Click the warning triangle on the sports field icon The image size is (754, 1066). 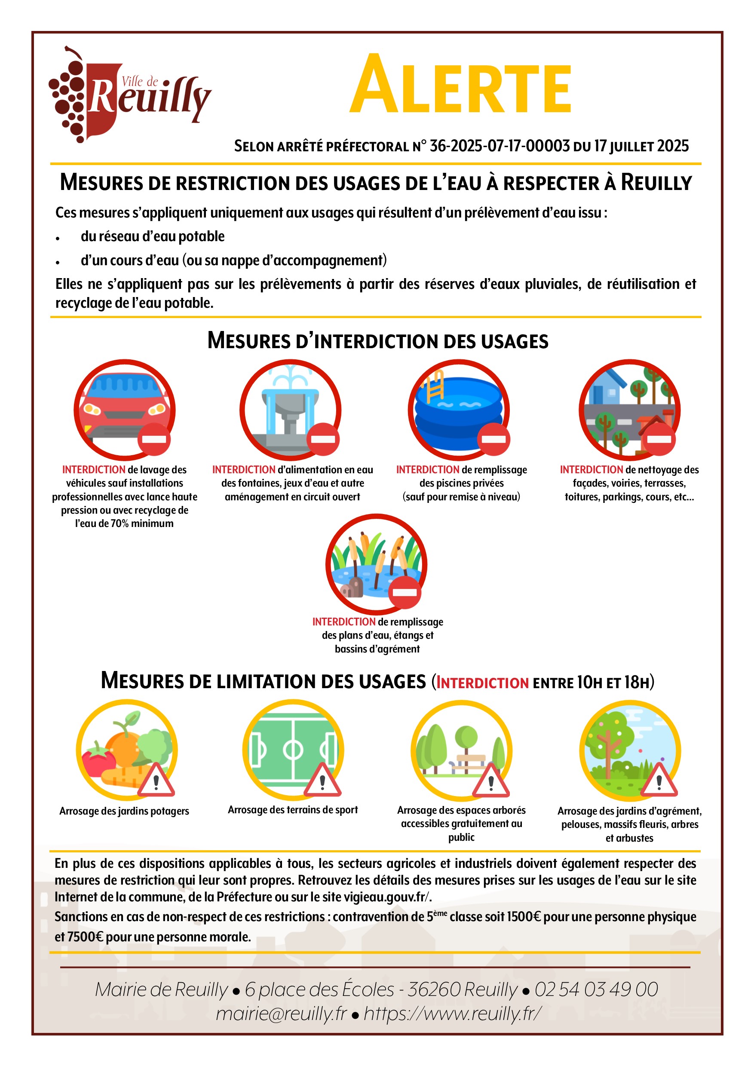(322, 781)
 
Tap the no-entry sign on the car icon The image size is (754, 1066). (154, 439)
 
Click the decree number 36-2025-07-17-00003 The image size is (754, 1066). (500, 146)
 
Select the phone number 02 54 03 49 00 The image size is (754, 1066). (596, 989)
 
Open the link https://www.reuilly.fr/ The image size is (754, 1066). (453, 1014)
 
